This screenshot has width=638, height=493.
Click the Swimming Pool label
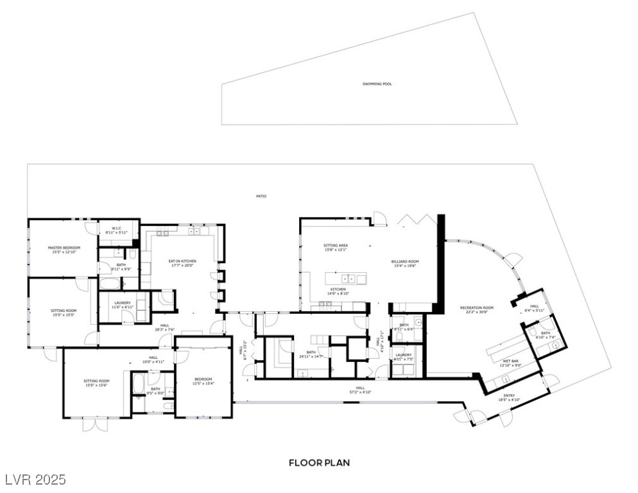click(377, 84)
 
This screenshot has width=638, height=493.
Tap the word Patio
click(260, 196)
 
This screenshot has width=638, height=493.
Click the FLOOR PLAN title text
click(319, 462)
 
